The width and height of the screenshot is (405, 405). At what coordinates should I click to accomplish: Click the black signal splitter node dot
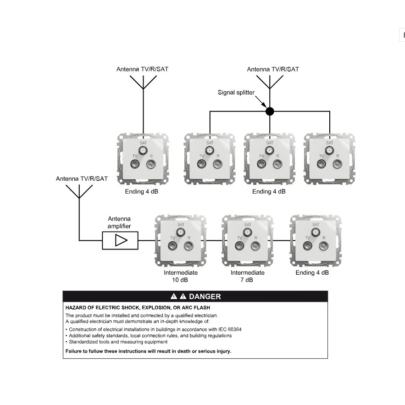(270, 111)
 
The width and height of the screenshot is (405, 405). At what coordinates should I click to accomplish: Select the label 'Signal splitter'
(236, 93)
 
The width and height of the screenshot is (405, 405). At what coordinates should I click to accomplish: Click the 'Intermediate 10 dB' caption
(181, 276)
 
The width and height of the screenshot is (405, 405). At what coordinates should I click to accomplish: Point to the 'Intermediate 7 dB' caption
(247, 276)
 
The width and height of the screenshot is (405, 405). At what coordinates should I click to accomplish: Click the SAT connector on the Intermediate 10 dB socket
(181, 232)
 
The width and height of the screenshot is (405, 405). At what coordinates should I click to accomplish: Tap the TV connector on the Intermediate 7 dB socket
(239, 245)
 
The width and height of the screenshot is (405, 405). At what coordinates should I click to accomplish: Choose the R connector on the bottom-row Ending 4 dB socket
(324, 245)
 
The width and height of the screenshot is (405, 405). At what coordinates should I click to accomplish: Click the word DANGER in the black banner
(205, 296)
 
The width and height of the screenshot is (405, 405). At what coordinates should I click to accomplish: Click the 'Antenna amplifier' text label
(119, 222)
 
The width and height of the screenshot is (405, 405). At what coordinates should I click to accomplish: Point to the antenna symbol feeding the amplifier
(79, 191)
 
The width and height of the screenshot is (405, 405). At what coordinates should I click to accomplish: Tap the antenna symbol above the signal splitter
(270, 82)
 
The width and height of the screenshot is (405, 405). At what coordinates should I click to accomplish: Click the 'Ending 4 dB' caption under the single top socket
(142, 191)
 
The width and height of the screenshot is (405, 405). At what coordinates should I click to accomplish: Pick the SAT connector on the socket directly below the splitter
(270, 150)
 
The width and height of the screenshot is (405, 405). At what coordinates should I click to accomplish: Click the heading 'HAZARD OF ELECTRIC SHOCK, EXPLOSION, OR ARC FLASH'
(138, 308)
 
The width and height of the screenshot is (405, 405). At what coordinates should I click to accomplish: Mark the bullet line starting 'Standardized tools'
(117, 342)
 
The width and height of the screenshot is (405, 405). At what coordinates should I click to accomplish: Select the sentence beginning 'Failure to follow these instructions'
(148, 351)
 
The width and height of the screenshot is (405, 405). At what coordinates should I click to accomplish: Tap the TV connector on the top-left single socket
(135, 164)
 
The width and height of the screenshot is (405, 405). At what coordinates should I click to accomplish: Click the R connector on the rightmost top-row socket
(337, 164)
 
